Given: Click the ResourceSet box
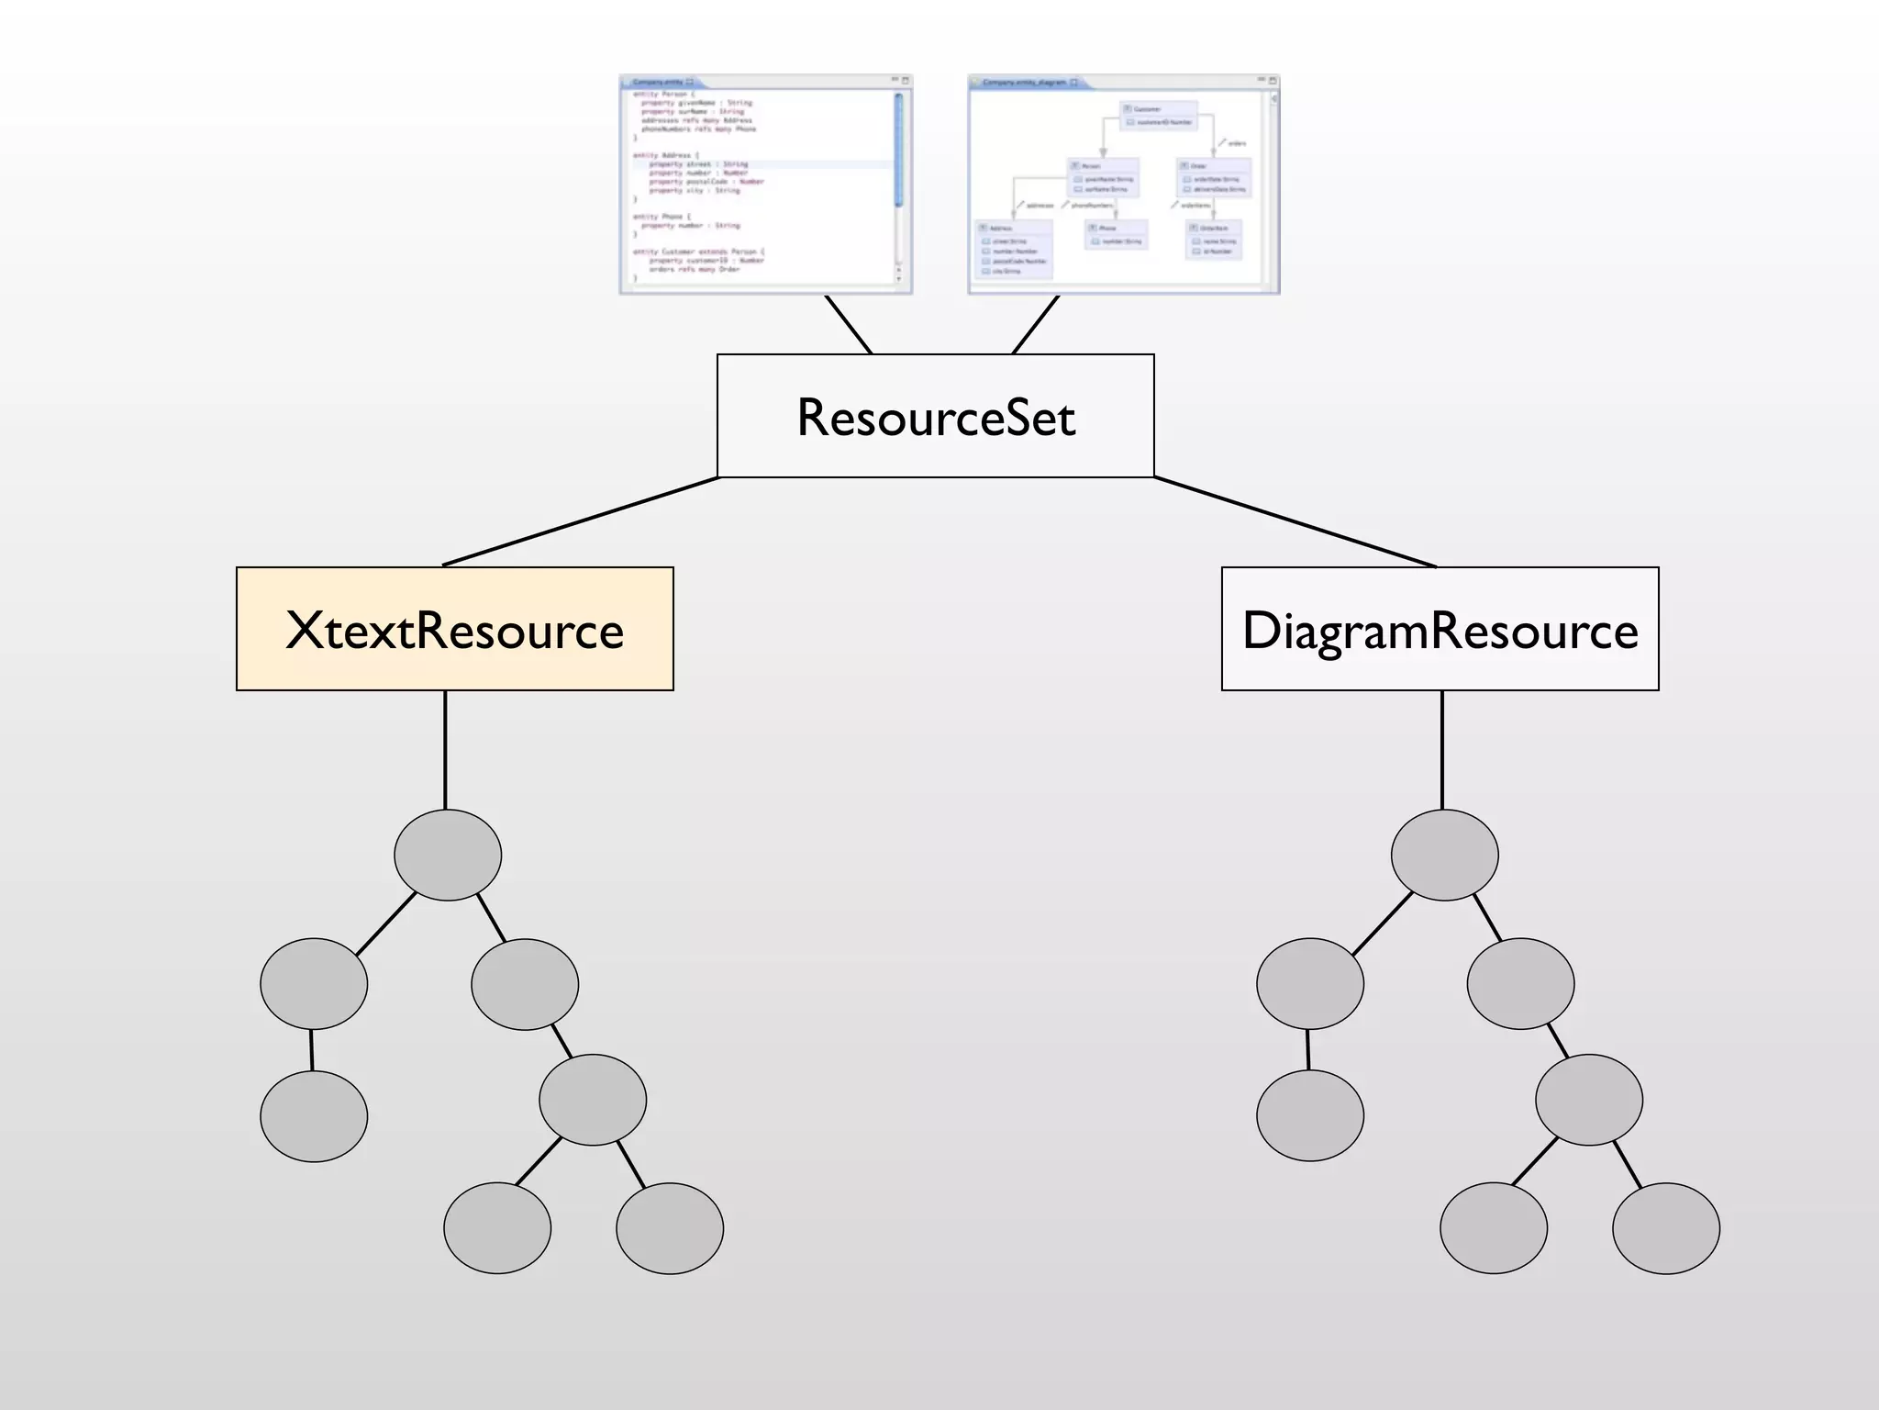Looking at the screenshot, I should (935, 416).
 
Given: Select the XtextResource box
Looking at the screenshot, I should (454, 629).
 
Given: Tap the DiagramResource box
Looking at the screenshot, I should (1440, 629).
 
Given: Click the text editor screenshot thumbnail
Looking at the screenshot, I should (765, 185).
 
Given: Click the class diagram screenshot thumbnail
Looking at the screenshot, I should (1123, 185).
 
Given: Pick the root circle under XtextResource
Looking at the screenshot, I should (448, 855).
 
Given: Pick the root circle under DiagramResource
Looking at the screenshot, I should (1444, 855).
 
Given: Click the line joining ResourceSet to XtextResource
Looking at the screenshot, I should (581, 521).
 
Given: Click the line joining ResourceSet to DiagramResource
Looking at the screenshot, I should (1294, 521).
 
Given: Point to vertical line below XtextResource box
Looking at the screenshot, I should (445, 748).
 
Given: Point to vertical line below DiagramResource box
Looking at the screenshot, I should (1442, 748).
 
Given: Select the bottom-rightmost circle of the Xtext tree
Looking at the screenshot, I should (670, 1228).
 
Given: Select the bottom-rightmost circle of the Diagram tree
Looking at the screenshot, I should (1665, 1228).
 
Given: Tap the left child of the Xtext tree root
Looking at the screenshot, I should (314, 983).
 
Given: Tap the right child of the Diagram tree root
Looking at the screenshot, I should (1520, 983).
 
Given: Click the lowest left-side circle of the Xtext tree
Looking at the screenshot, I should (314, 1116).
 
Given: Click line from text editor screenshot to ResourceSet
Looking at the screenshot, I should (848, 324).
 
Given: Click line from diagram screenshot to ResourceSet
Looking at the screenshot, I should (1036, 324).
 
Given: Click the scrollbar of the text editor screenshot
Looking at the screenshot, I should (898, 151).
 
